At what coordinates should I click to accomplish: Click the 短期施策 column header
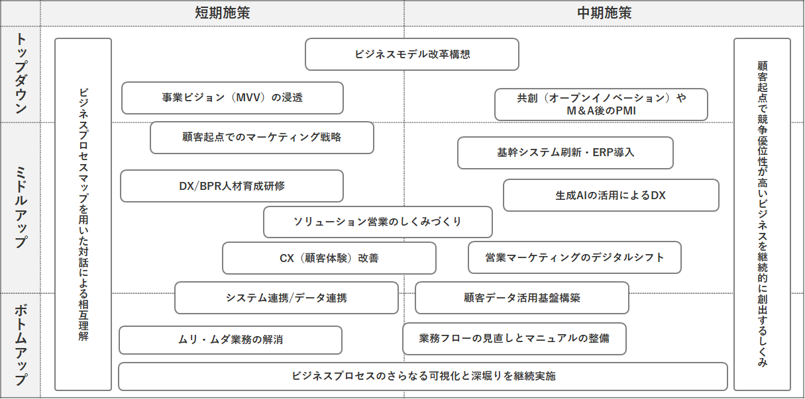[222, 13]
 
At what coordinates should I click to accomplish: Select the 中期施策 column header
[604, 13]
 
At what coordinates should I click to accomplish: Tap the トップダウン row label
[21, 73]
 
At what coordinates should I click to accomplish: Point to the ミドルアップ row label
[21, 207]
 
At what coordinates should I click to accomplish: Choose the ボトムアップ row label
[21, 344]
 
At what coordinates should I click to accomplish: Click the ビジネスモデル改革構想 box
[411, 54]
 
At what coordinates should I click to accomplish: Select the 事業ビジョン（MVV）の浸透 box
[232, 98]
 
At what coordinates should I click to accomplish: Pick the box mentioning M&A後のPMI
[601, 105]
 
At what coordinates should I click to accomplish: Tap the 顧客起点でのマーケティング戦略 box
[262, 138]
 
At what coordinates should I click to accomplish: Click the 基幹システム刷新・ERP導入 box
[565, 153]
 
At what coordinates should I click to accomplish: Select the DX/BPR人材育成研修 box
[231, 186]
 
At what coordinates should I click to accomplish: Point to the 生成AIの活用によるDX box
[610, 195]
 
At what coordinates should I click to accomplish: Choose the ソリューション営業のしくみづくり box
[377, 222]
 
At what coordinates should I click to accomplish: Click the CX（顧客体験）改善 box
[329, 258]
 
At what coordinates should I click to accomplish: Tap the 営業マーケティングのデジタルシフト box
[574, 257]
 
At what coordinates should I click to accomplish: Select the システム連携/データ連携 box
[286, 298]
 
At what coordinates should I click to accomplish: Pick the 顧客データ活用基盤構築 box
[521, 298]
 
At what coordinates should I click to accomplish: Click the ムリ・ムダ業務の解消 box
[230, 340]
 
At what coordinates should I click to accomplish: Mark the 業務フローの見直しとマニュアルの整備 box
[514, 339]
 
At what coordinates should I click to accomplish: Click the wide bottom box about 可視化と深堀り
[423, 377]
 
